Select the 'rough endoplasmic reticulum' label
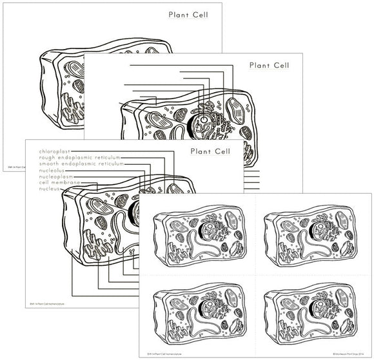click(x=81, y=157)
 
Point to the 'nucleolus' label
click(x=54, y=170)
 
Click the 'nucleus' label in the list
click(x=50, y=189)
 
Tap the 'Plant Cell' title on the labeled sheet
click(x=210, y=151)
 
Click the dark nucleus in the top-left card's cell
click(x=210, y=229)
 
